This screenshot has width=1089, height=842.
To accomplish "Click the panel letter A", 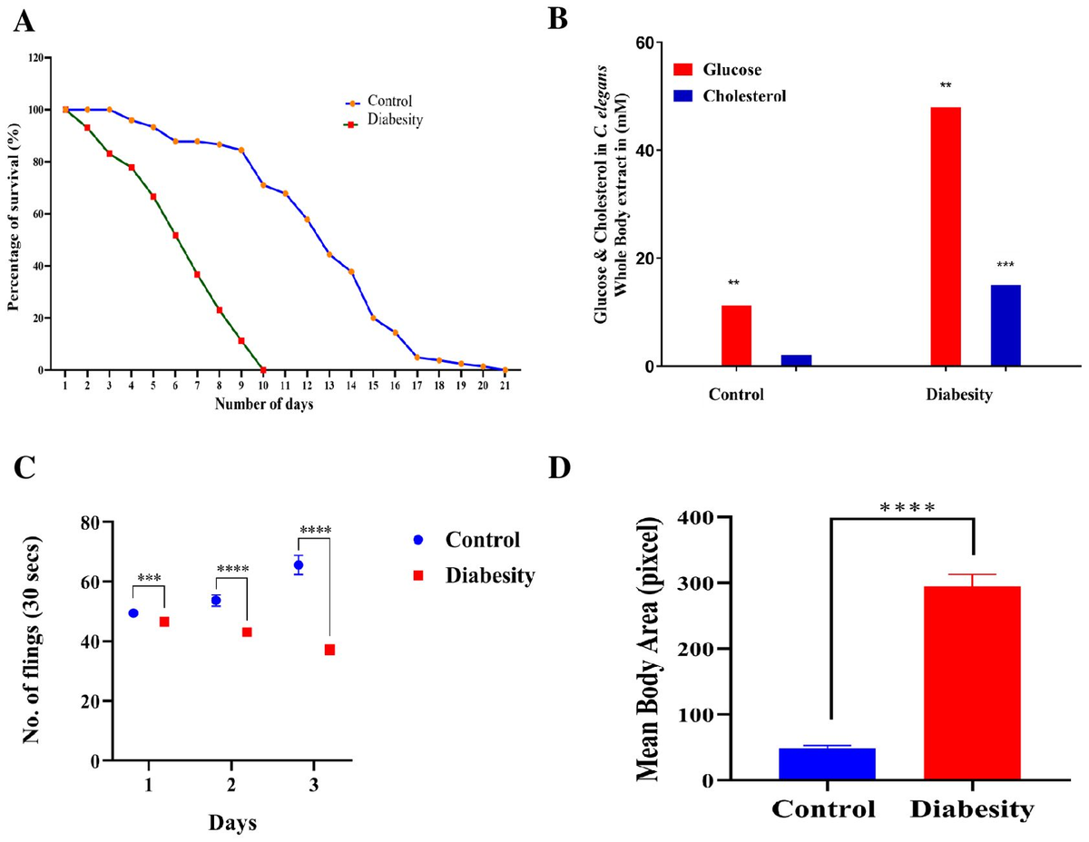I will coord(25,20).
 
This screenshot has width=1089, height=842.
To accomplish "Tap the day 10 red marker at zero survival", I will coord(262,369).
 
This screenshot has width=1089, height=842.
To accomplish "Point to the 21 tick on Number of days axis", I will coord(505,386).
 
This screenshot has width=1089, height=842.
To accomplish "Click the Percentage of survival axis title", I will coord(15,215).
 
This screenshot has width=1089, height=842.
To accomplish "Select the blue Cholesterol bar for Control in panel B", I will coord(796,360).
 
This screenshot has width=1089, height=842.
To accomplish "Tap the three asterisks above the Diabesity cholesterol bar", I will coord(1006,265).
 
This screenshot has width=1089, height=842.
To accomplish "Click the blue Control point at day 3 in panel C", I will coord(299,565).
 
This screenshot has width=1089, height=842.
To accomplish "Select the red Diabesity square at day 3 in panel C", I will coord(329,650).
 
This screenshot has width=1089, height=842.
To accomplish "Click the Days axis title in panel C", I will coord(231,823).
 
